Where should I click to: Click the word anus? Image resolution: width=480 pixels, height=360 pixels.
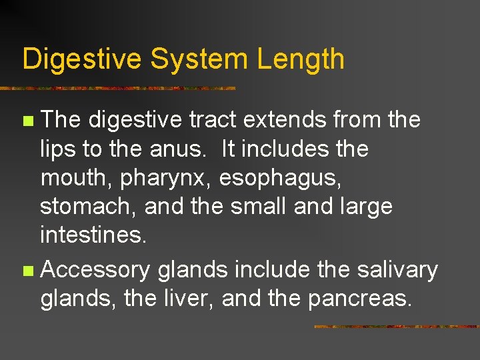[x=176, y=149]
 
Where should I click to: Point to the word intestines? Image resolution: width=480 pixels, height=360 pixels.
[x=92, y=235]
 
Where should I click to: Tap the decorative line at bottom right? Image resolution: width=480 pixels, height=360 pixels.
[x=396, y=327]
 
